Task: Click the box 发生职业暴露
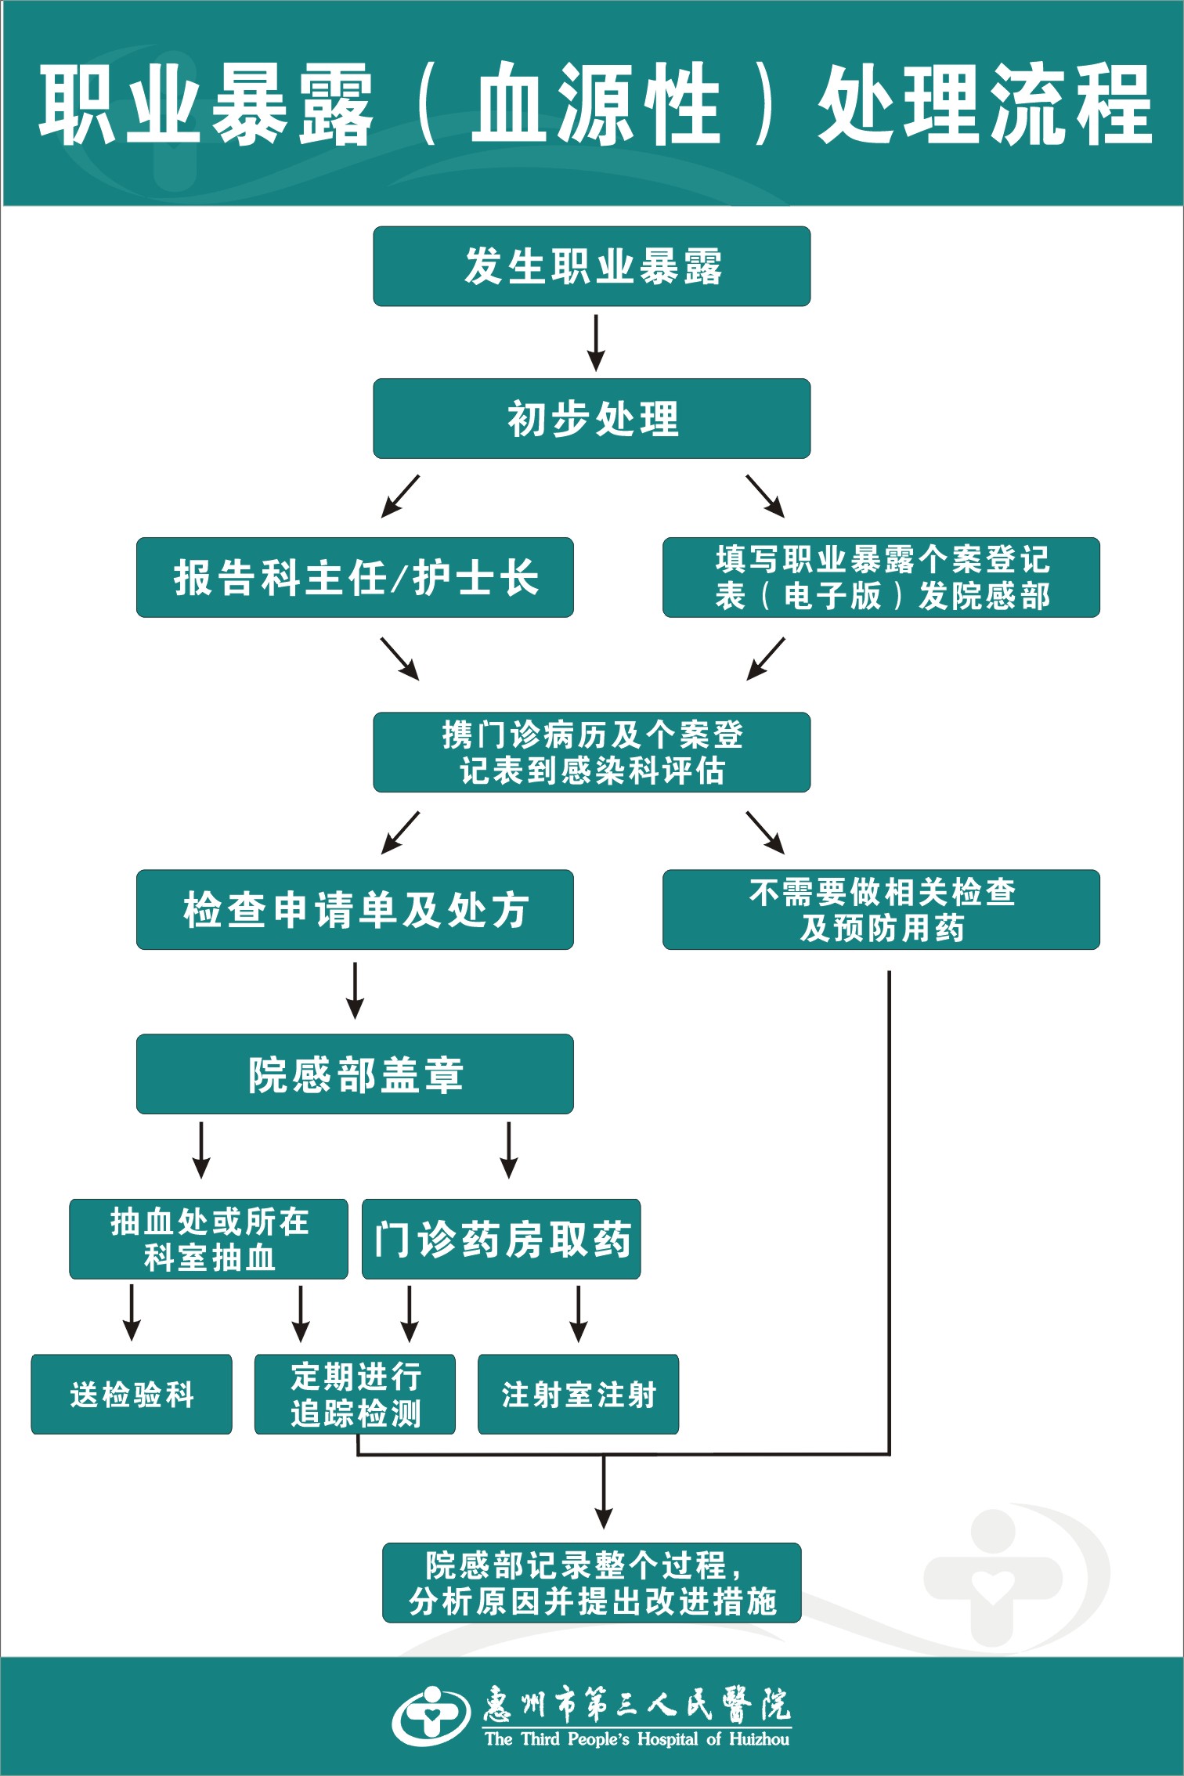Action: [591, 266]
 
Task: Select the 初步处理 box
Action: [591, 418]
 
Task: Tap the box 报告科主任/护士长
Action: [355, 577]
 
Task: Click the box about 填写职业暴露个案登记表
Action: [881, 577]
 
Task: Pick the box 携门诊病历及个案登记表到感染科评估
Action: [591, 752]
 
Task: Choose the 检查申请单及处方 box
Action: [355, 909]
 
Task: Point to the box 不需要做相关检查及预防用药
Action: [881, 909]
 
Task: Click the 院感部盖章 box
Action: [355, 1074]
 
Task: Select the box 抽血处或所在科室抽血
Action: [208, 1239]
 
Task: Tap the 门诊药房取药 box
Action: [501, 1239]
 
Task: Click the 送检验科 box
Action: [132, 1395]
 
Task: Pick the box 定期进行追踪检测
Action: [355, 1395]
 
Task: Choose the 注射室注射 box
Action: [578, 1395]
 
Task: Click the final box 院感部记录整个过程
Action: [591, 1583]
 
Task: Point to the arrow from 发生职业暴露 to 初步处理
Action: [596, 343]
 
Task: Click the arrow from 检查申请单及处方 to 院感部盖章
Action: [356, 990]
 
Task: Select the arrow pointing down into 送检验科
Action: [132, 1312]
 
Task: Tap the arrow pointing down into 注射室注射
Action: [578, 1312]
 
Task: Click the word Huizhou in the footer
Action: [759, 1739]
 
